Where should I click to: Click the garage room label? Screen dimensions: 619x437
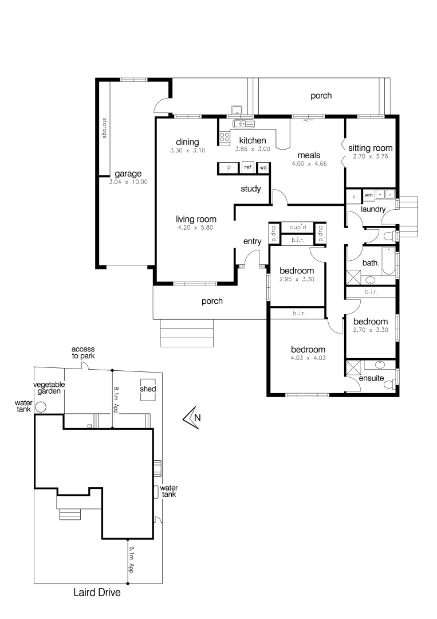(x=128, y=174)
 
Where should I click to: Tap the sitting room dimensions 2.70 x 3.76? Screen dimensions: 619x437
(x=369, y=156)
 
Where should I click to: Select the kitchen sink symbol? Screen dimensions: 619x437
(x=243, y=124)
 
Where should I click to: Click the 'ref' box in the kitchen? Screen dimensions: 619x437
(x=247, y=168)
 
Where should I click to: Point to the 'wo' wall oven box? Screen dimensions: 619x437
(x=263, y=168)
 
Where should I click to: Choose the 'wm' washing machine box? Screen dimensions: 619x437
(x=369, y=195)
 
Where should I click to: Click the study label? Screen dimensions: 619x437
(x=250, y=189)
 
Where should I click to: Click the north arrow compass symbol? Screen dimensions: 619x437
(x=192, y=417)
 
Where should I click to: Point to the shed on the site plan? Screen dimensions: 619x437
(x=148, y=389)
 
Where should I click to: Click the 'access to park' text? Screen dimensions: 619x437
(x=83, y=352)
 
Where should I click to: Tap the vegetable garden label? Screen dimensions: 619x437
(x=48, y=388)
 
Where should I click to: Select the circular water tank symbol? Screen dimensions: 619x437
(x=41, y=407)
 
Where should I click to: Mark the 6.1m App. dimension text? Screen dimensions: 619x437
(x=131, y=561)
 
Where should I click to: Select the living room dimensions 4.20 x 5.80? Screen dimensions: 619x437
(x=195, y=228)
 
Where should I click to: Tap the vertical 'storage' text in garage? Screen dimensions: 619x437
(x=104, y=129)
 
